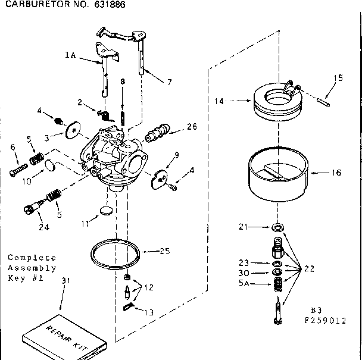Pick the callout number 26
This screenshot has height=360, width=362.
[191, 126]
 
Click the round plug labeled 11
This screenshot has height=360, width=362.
[106, 210]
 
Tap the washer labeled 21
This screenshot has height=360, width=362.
[277, 228]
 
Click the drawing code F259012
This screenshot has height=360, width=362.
[325, 320]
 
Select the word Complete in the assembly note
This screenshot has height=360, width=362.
[32, 258]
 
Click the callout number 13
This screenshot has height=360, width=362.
[148, 311]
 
